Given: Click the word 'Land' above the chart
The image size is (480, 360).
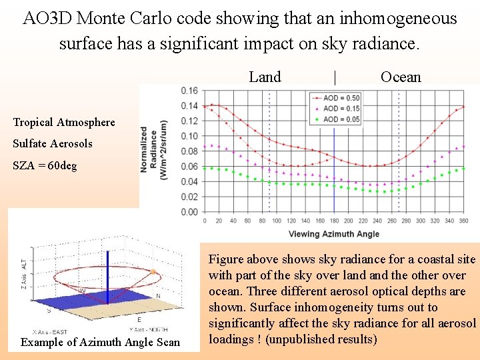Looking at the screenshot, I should [x=265, y=77].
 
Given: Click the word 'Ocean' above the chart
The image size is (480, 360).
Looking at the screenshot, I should [x=401, y=77].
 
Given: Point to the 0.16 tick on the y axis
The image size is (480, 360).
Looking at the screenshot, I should [x=189, y=91].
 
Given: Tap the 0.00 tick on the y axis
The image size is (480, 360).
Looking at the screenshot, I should [x=189, y=212].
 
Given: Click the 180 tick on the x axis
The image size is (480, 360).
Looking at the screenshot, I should [x=333, y=221].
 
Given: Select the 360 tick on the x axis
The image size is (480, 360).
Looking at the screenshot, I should [x=463, y=221].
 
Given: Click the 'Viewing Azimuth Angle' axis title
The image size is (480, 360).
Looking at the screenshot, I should [x=333, y=234].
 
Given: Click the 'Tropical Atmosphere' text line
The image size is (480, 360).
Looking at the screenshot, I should [x=64, y=122].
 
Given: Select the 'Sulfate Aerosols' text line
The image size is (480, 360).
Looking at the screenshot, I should [x=53, y=143].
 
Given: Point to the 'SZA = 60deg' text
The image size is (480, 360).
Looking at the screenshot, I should [x=45, y=165].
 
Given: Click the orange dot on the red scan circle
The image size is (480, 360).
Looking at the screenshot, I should [x=153, y=272].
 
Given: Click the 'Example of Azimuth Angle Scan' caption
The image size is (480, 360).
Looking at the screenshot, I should [x=101, y=342].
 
